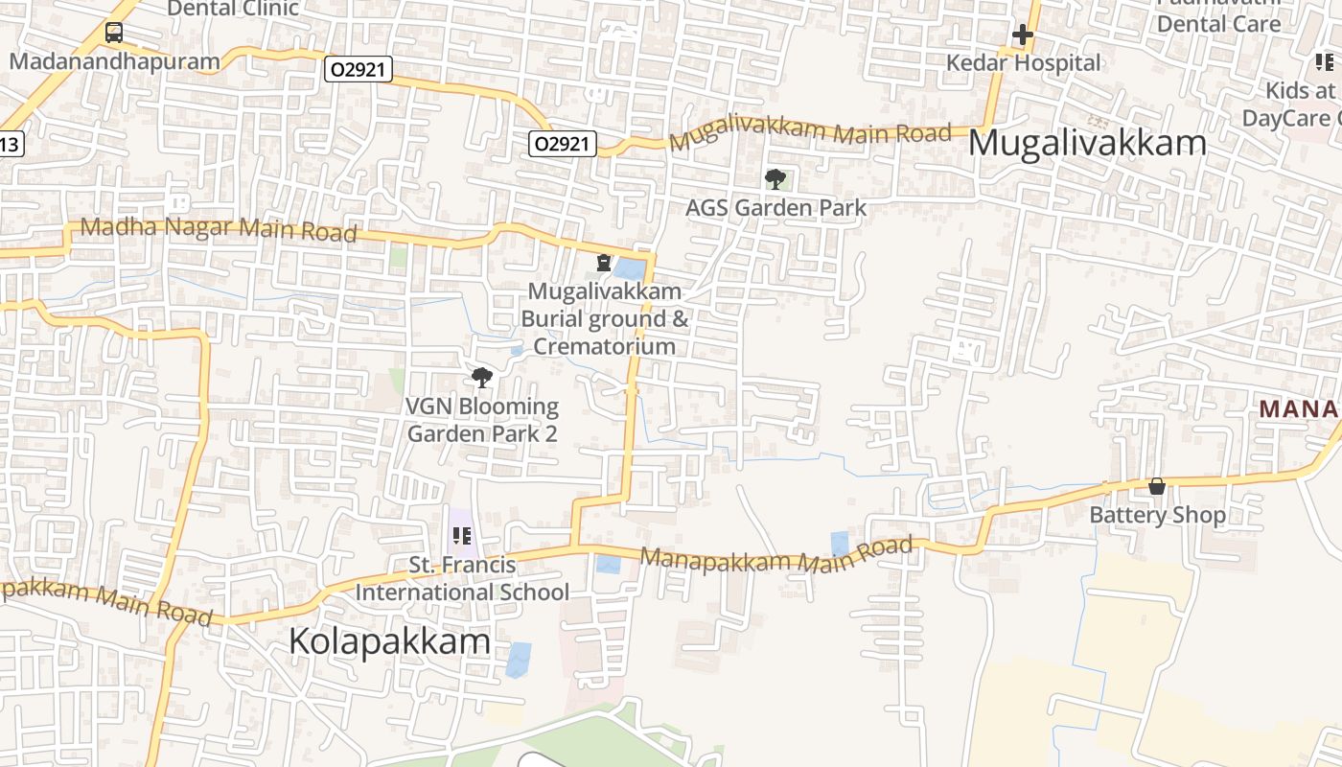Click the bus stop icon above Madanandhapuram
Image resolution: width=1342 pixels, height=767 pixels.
tap(114, 33)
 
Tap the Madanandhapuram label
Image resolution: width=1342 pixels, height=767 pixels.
tap(114, 61)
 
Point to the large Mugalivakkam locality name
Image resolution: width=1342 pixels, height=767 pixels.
tap(1087, 143)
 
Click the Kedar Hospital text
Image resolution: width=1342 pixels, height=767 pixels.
tap(1023, 63)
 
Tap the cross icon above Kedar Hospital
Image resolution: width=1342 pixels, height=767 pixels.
tap(1023, 35)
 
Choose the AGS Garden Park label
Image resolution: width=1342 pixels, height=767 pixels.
tap(775, 207)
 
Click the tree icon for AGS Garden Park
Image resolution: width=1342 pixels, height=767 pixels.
tap(775, 178)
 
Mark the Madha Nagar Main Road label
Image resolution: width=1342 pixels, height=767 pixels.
tap(219, 229)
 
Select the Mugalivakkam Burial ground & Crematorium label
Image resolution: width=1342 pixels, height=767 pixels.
tap(605, 318)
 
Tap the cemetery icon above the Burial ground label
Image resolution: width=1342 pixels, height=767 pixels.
tap(604, 262)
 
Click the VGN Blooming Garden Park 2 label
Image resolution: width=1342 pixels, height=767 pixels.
tap(482, 419)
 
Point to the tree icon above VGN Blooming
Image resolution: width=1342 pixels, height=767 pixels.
tap(482, 378)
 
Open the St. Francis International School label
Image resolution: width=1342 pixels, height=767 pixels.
tap(462, 578)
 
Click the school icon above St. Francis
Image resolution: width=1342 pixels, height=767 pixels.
tap(461, 536)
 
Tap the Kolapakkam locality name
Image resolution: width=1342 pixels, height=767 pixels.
tap(390, 641)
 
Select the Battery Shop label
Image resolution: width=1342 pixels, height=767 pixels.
tap(1157, 515)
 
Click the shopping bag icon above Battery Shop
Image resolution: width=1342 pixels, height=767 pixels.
tap(1157, 486)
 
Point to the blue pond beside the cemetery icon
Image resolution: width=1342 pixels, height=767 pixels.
tap(631, 269)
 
